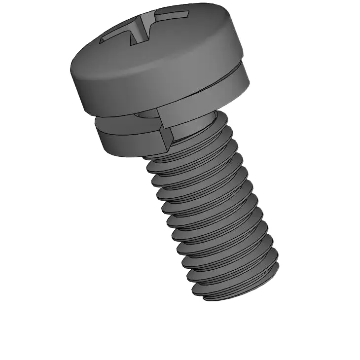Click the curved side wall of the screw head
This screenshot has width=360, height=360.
148,84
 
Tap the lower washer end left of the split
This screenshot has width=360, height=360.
133,141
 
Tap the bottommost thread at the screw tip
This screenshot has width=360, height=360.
237,291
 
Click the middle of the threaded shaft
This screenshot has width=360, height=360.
212,212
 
